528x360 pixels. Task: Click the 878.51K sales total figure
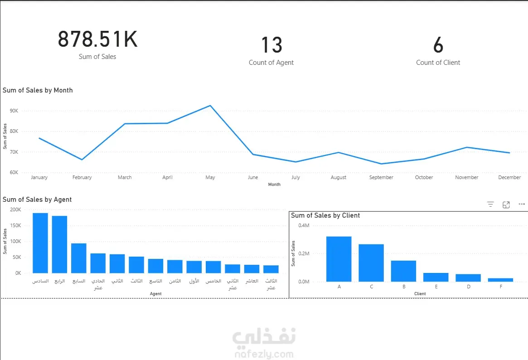tap(97, 40)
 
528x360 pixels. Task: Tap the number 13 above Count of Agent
tap(271, 45)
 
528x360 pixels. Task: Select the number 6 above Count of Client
tap(438, 45)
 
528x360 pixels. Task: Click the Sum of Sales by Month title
tap(38, 90)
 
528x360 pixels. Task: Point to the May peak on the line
tap(210, 106)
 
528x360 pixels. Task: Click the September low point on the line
tap(381, 164)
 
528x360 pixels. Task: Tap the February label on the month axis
tap(82, 177)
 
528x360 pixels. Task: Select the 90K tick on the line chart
tap(13, 111)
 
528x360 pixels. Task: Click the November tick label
tap(466, 177)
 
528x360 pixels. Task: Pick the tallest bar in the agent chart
tap(40, 243)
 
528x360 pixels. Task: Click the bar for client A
tap(339, 259)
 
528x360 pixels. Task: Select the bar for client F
tap(500, 280)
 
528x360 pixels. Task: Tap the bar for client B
tap(403, 271)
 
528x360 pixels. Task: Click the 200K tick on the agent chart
tap(15, 210)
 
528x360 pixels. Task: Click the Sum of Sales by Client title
tap(325, 215)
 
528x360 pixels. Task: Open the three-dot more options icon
tap(522, 204)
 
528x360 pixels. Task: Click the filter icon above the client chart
tap(490, 204)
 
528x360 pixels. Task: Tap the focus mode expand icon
tap(506, 205)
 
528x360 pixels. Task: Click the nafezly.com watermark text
tap(264, 354)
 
